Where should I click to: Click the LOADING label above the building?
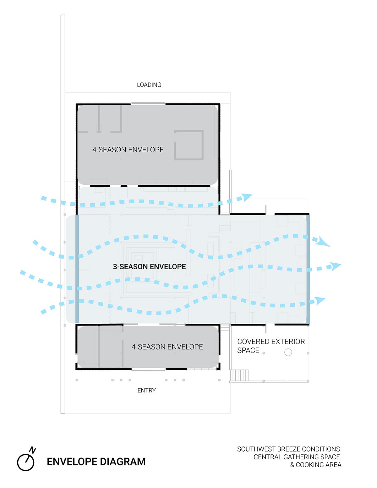[x=149, y=85]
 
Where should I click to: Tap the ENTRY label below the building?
[x=146, y=390]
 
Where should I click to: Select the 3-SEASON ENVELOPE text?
[x=149, y=266]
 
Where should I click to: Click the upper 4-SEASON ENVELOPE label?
[x=128, y=150]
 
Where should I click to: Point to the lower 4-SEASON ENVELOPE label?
[x=167, y=347]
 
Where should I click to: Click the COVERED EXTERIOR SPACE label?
[x=271, y=346]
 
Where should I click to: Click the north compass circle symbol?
[x=25, y=463]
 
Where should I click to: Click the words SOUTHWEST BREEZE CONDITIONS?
[x=288, y=449]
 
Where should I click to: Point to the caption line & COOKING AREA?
[x=316, y=465]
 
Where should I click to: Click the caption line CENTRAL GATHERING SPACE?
[x=297, y=457]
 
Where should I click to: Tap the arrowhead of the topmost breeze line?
[x=247, y=197]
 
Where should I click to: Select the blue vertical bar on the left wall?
[x=77, y=269]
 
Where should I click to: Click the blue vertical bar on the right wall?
[x=308, y=270]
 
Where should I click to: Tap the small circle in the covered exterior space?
[x=288, y=352]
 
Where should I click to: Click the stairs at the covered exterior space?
[x=239, y=375]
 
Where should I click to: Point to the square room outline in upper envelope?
[x=188, y=145]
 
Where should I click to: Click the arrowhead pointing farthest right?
[x=336, y=266]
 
